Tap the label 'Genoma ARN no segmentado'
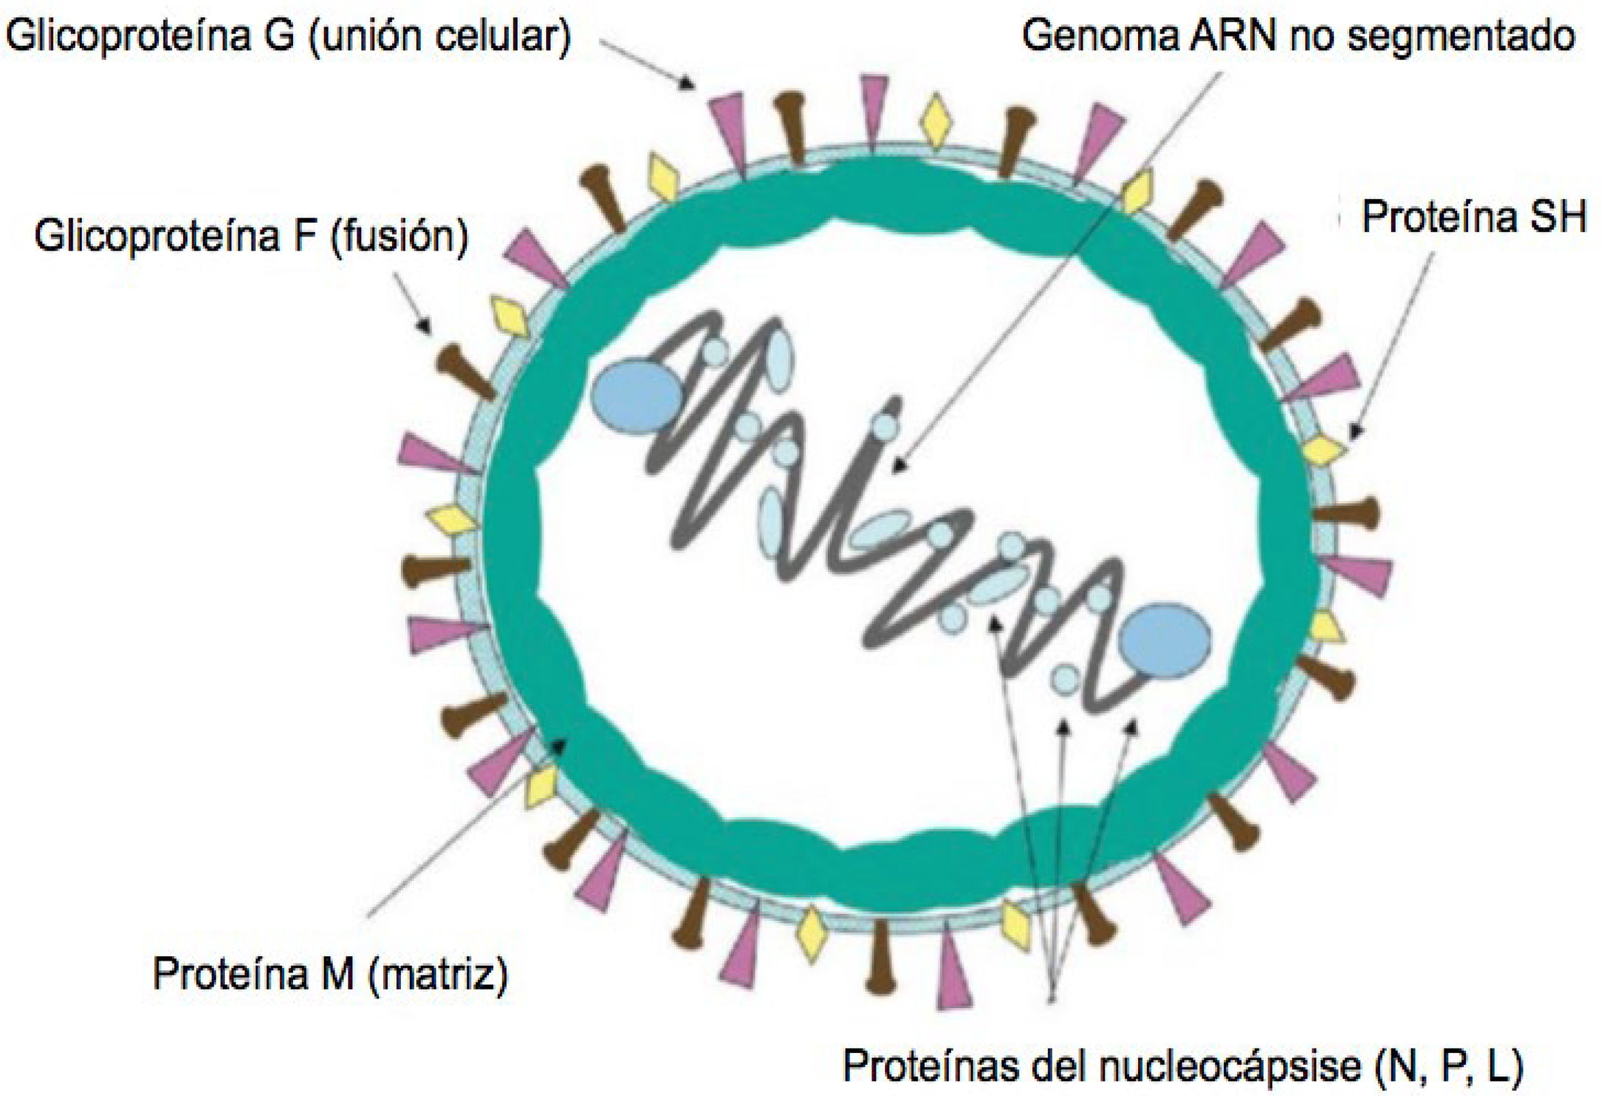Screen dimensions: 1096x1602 (x=1298, y=35)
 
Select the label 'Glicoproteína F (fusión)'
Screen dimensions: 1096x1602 (x=251, y=237)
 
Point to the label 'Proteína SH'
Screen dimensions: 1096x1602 (x=1473, y=217)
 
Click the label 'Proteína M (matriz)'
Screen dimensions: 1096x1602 (x=330, y=974)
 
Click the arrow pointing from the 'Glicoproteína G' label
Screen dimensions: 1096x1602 (x=647, y=64)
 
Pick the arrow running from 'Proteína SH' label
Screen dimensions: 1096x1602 (x=1391, y=345)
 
